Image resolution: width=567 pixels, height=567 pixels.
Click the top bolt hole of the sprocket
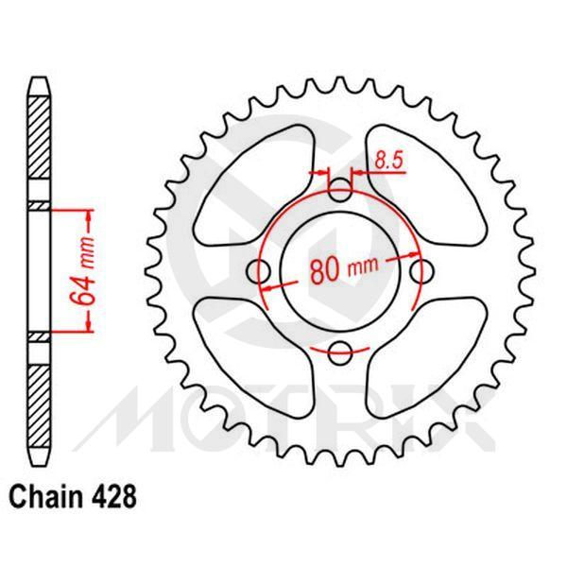340,192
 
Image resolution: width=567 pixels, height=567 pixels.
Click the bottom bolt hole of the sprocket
340,352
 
